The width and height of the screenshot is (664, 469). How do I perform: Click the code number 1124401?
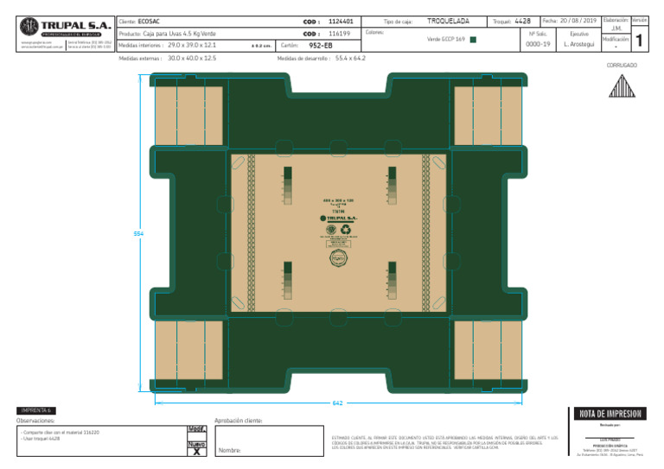click(x=341, y=20)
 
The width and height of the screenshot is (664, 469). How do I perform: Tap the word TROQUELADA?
click(x=449, y=20)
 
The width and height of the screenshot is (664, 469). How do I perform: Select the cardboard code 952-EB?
click(x=321, y=45)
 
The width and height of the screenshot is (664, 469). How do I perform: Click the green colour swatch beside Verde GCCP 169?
click(x=472, y=39)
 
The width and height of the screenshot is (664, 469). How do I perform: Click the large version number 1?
click(x=638, y=40)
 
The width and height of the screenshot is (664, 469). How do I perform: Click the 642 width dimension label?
click(x=338, y=402)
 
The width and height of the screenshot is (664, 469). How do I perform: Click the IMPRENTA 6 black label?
click(x=36, y=409)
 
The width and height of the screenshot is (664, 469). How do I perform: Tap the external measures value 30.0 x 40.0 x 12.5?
click(x=192, y=58)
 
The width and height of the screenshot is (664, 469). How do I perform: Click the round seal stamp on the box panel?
click(x=338, y=257)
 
